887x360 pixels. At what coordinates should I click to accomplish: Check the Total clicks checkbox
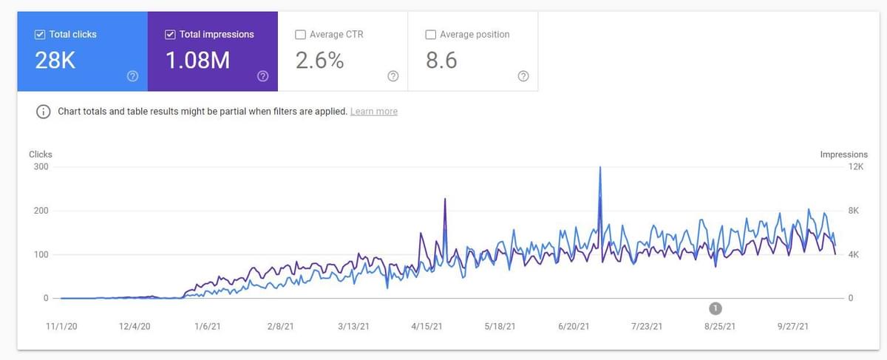point(40,34)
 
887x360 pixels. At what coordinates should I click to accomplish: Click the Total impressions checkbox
point(171,34)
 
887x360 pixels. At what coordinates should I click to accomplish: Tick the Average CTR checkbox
point(300,34)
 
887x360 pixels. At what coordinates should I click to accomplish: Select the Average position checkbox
point(430,34)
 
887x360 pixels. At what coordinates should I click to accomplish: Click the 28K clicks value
point(55,61)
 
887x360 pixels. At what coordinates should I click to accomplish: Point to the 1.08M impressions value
point(197,61)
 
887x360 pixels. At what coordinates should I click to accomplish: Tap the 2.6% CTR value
point(319,61)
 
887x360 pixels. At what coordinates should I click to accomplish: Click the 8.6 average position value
point(441,61)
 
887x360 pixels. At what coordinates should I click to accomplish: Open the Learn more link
point(373,112)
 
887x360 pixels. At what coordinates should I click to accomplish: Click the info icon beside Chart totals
point(44,112)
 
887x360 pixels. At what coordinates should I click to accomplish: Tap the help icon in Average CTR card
point(392,76)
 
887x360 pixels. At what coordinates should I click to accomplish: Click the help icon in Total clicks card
point(133,76)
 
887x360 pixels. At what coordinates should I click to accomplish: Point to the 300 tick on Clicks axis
point(41,167)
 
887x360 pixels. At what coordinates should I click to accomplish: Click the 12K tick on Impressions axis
point(855,167)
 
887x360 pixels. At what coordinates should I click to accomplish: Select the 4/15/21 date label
point(426,326)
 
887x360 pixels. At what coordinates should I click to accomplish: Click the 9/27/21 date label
point(793,326)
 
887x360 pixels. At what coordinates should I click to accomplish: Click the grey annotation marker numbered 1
point(715,308)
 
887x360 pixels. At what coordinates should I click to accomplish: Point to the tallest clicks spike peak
point(599,168)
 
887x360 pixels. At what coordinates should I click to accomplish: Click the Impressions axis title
point(843,154)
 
